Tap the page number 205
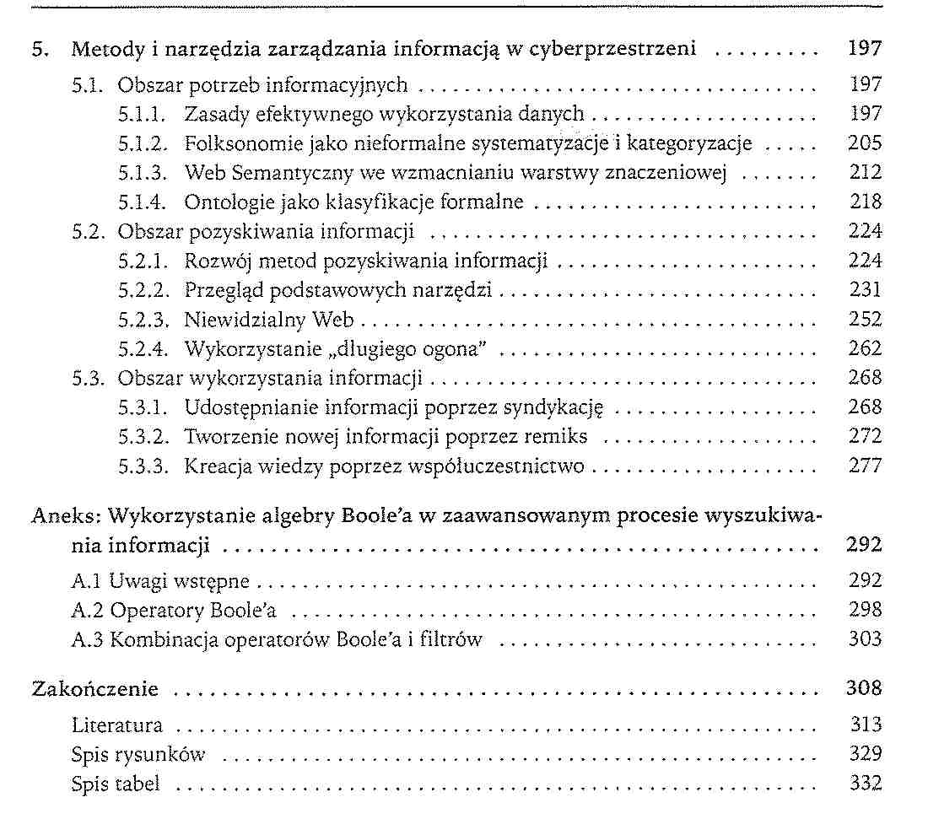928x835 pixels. point(865,143)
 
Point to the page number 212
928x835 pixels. point(865,173)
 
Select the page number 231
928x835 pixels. point(865,290)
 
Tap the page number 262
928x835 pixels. point(865,348)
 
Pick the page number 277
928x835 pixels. point(865,466)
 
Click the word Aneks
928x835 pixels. point(56,516)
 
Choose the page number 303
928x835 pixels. point(865,639)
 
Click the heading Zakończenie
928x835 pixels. point(94,689)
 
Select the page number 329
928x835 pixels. point(865,755)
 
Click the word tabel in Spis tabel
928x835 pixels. point(139,784)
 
